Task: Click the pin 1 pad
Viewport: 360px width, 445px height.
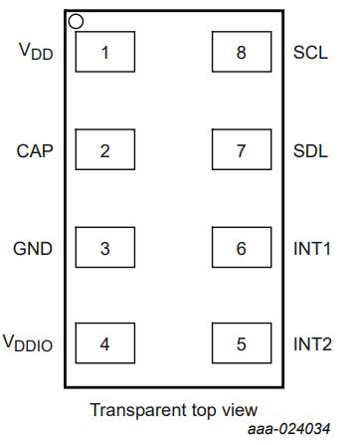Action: point(105,52)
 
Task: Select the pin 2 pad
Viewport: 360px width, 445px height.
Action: point(105,149)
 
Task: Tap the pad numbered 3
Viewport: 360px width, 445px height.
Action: point(105,247)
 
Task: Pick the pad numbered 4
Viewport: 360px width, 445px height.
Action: point(105,343)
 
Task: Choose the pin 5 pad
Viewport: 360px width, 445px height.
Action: point(242,343)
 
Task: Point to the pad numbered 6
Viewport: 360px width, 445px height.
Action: point(242,247)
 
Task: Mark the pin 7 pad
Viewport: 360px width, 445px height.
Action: point(242,149)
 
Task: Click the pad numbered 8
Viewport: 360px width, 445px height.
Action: point(242,52)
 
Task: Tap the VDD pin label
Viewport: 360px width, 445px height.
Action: point(36,52)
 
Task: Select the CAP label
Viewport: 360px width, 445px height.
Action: point(35,151)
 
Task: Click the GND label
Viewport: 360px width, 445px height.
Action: point(33,249)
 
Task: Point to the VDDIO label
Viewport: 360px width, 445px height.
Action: point(28,343)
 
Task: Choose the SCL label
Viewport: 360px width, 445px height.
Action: point(310,53)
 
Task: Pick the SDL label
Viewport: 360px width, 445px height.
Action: point(310,151)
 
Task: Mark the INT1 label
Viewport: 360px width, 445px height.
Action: point(312,249)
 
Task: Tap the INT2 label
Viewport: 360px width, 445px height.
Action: point(312,343)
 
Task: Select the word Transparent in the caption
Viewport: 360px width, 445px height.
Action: point(138,410)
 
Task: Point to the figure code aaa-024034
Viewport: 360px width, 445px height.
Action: point(289,429)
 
